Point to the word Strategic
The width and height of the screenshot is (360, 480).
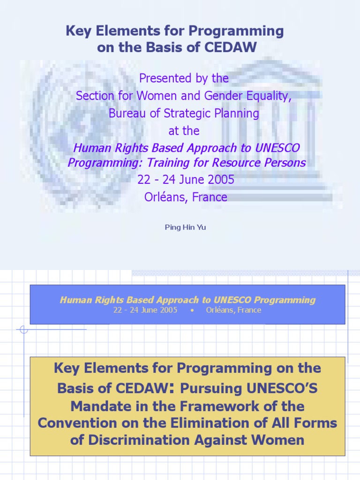pos(181,113)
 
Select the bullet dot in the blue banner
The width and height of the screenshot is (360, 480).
pos(192,310)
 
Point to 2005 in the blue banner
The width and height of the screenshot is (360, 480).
pos(168,310)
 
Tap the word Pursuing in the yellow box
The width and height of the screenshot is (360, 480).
pos(211,389)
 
